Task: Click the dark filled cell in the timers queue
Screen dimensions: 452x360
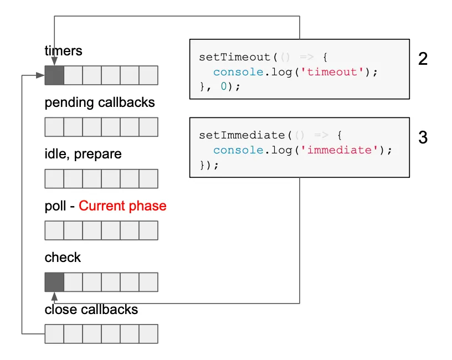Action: (54, 75)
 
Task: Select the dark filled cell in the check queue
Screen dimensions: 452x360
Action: (54, 282)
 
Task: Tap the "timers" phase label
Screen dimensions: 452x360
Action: (63, 51)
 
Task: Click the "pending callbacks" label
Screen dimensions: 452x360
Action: (100, 102)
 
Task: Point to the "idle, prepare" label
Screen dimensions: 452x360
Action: (83, 154)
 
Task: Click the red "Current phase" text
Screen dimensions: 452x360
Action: (122, 206)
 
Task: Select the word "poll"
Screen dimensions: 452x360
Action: (55, 207)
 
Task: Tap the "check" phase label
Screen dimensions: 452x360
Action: (63, 258)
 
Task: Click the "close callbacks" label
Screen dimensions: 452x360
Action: (91, 309)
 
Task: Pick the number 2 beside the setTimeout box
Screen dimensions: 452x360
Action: (423, 59)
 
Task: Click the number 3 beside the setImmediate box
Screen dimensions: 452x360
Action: (423, 137)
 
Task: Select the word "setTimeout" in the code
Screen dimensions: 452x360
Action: (235, 57)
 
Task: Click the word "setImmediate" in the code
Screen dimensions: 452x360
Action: (242, 135)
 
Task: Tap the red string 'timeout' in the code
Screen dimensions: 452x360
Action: (332, 72)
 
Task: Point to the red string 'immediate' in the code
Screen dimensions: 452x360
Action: (339, 150)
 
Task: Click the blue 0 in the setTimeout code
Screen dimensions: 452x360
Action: (224, 86)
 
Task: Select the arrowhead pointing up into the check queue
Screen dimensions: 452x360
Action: (54, 297)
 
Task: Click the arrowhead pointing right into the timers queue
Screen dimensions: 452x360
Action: (40, 75)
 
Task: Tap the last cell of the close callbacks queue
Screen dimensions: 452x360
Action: (148, 334)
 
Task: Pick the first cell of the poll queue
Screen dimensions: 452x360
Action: (54, 230)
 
